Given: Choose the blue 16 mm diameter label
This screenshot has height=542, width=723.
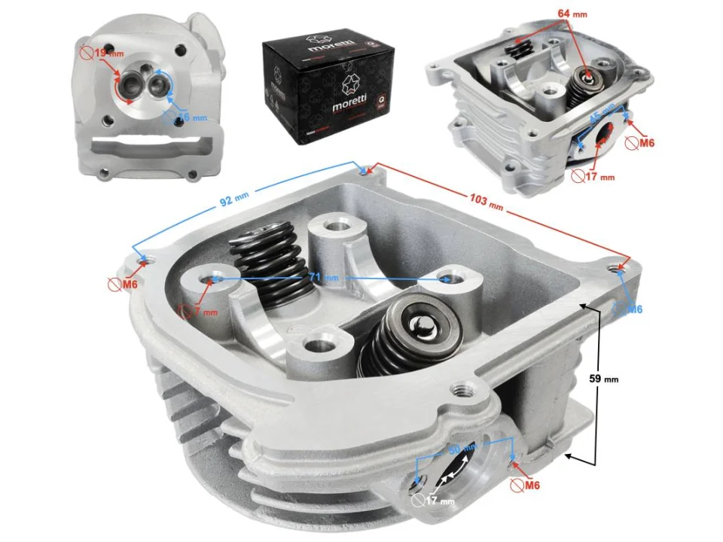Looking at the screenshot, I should tap(191, 117).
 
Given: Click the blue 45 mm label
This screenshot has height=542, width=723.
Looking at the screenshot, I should tap(600, 117).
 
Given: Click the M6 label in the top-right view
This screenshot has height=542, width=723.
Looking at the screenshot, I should tap(645, 143).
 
